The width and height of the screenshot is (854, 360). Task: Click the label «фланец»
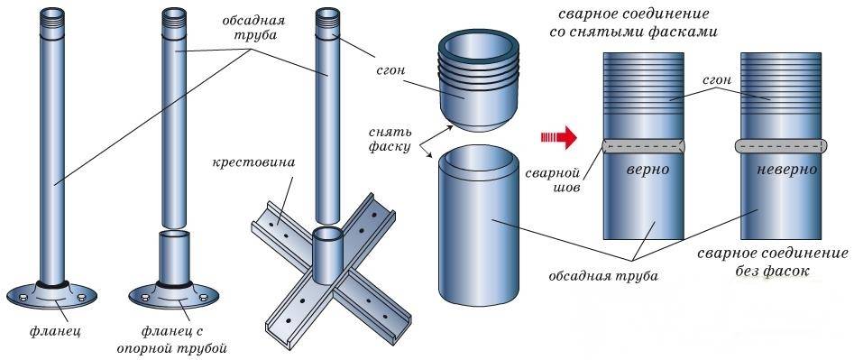coord(56,330)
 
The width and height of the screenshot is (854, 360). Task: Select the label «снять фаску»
coord(390,139)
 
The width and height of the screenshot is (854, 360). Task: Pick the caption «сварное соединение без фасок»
coord(773,262)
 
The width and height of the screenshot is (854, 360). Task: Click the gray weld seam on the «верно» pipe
coord(643,146)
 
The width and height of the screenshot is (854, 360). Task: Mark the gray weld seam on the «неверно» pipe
coord(781,145)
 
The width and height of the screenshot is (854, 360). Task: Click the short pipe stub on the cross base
coord(328,254)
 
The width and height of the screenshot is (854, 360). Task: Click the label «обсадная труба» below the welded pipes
coord(603,275)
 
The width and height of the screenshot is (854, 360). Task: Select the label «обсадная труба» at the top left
coord(253,28)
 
